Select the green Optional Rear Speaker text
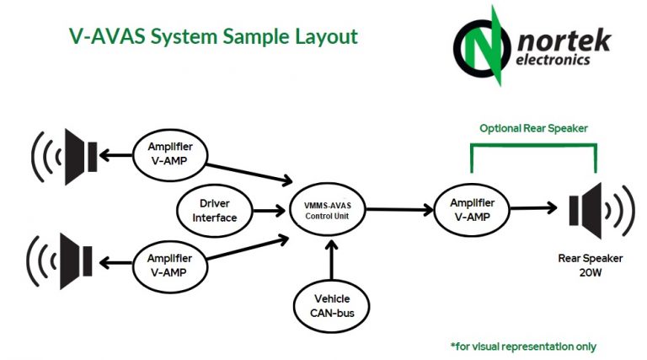(533, 129)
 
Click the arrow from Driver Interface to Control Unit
(269, 210)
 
